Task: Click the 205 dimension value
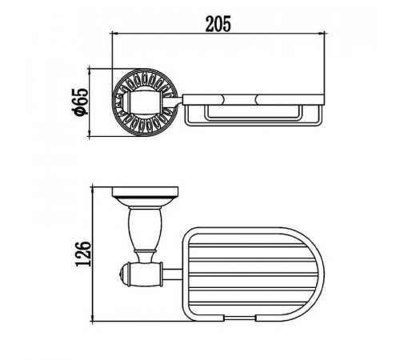click(218, 24)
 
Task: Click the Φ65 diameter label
click(80, 102)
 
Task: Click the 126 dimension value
click(83, 254)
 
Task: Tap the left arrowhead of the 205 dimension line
click(115, 34)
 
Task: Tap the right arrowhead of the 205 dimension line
click(321, 34)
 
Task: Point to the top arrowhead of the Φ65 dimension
click(90, 72)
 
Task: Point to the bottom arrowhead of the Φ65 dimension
click(90, 133)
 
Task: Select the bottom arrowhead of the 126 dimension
click(93, 318)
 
